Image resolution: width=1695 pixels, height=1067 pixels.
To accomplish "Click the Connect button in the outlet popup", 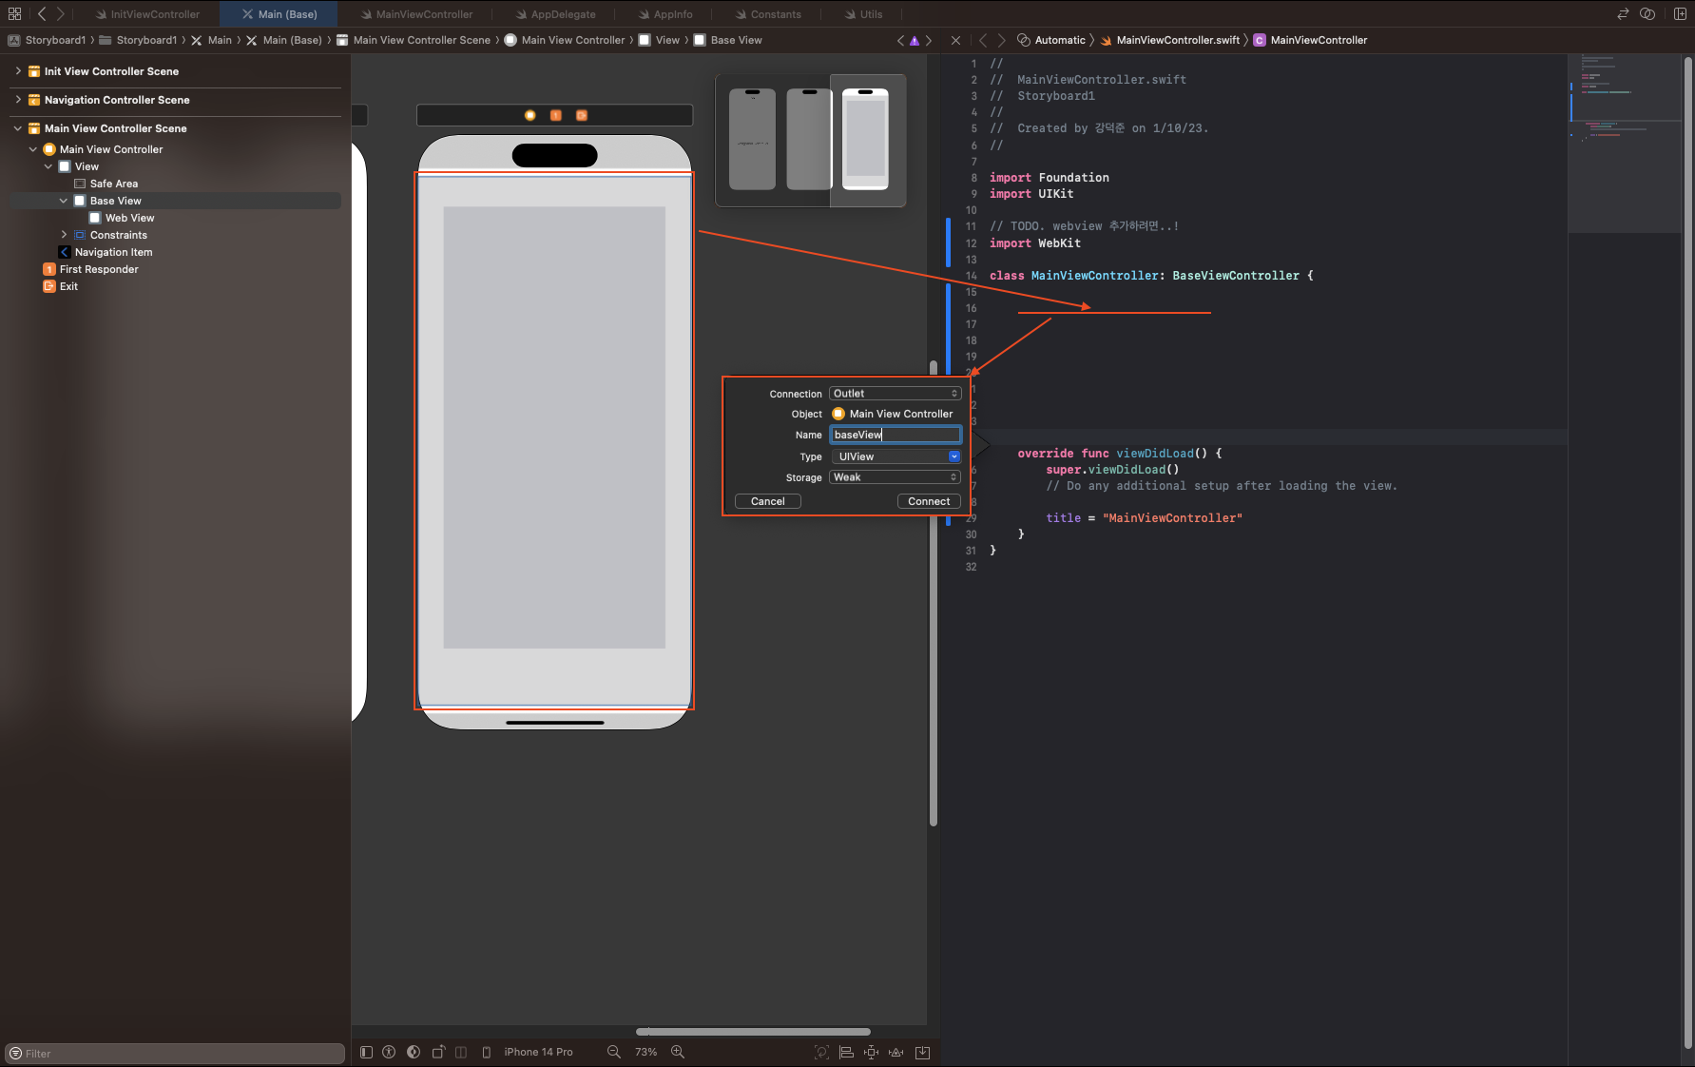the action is (929, 501).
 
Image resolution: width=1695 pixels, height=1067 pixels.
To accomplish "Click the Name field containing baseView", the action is (895, 435).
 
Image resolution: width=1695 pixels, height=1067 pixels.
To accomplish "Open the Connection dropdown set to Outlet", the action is (895, 394).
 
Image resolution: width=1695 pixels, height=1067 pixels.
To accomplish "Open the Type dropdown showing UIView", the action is (895, 456).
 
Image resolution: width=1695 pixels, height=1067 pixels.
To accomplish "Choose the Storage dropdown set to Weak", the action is (895, 477).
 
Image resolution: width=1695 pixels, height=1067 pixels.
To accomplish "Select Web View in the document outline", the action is (129, 218).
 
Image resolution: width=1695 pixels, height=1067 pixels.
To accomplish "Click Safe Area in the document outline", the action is (113, 184).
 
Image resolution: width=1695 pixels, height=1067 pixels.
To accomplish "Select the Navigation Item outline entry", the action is (113, 252).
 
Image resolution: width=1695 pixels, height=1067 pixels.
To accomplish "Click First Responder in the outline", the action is (99, 269).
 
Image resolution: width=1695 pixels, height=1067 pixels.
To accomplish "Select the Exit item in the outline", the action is (68, 286).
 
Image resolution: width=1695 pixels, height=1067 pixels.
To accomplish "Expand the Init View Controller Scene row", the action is (18, 71).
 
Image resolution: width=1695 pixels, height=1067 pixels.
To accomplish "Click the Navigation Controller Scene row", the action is (117, 100).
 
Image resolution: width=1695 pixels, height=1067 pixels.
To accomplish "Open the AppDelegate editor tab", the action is (563, 14).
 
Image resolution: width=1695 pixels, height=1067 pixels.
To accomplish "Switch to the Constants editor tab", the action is (776, 14).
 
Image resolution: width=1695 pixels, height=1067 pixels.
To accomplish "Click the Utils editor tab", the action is (871, 14).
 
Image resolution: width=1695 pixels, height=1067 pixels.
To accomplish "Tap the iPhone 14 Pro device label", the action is (538, 1052).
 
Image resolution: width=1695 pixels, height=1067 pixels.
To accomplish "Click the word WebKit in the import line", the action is (1059, 243).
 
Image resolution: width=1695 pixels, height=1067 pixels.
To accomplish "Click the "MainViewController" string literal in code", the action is (1172, 518).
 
